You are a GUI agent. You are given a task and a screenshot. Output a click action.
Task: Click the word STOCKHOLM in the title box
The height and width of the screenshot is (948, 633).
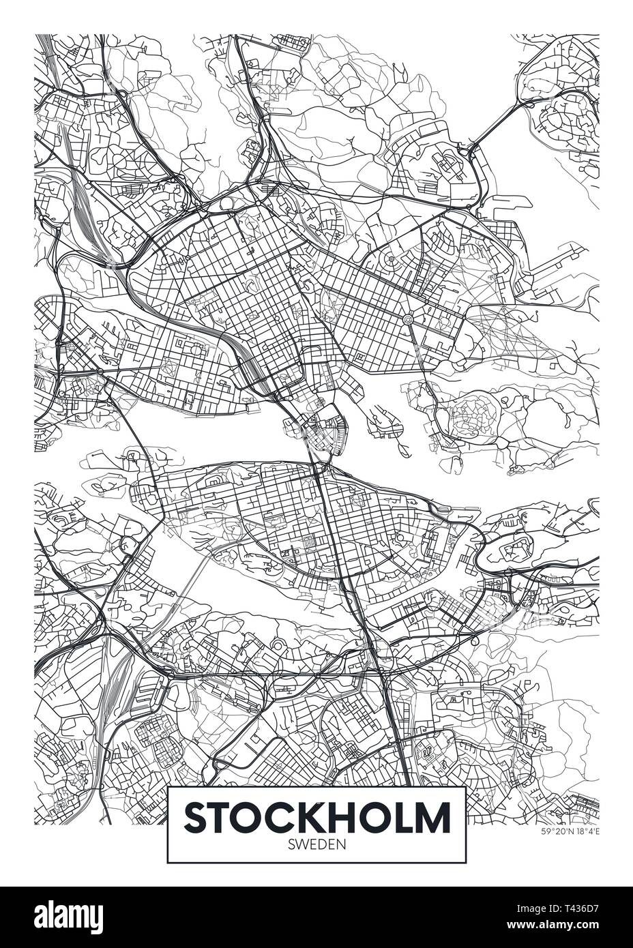(316, 817)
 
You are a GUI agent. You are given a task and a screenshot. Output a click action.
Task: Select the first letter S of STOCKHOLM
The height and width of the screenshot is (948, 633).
(197, 817)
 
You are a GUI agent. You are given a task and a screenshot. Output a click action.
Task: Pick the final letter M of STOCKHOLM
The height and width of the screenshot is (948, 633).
(433, 817)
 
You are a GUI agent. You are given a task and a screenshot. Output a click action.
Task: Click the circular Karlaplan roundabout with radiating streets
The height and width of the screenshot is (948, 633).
(408, 319)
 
